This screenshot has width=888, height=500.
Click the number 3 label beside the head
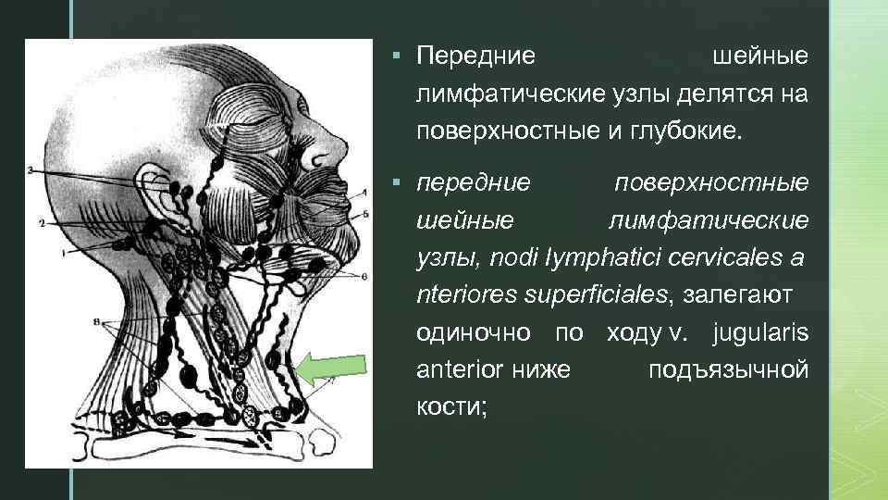(31, 170)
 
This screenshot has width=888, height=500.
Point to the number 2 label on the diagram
(42, 223)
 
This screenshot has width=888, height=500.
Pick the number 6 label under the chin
(364, 276)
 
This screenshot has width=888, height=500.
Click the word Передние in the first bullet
(475, 56)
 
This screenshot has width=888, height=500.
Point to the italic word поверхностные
(711, 182)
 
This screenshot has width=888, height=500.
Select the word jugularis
(760, 331)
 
